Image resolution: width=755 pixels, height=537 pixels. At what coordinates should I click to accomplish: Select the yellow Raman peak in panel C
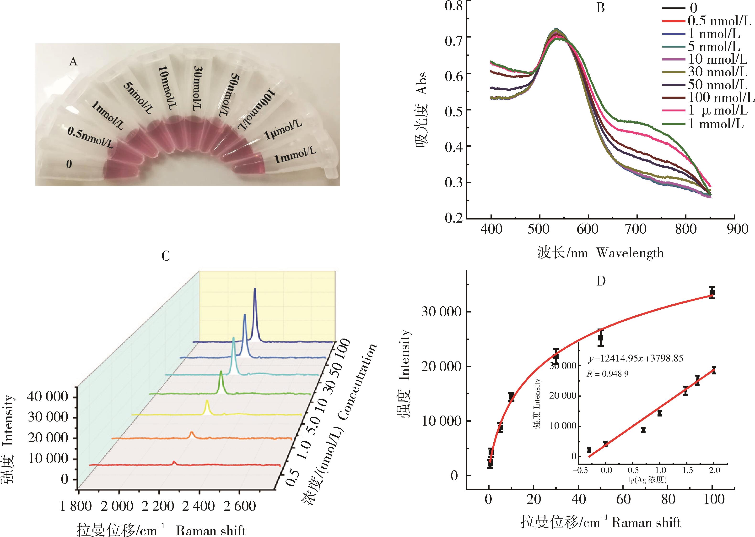point(207,401)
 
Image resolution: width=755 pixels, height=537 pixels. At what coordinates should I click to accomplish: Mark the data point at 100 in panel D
point(712,292)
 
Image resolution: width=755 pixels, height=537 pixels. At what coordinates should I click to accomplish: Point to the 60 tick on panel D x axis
point(623,499)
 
